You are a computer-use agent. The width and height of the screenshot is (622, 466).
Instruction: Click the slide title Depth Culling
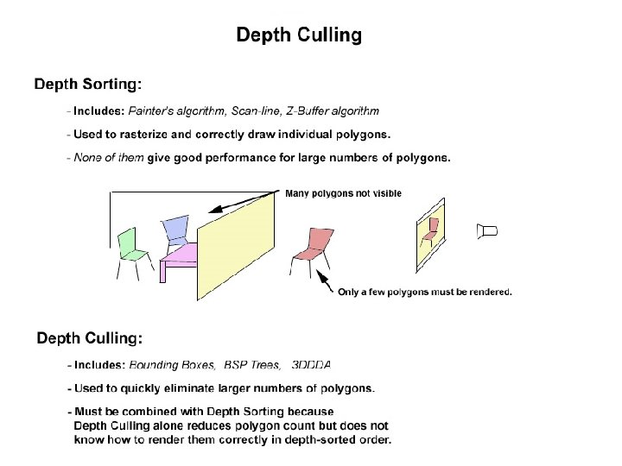pyautogui.click(x=299, y=35)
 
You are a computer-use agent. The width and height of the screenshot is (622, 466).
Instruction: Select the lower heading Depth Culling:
pyautogui.click(x=90, y=337)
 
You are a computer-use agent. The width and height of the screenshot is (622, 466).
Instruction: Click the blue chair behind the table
pyautogui.click(x=175, y=230)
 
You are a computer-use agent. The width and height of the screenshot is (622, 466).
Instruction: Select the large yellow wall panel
pyautogui.click(x=236, y=245)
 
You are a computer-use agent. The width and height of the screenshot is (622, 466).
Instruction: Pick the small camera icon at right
pyautogui.click(x=488, y=231)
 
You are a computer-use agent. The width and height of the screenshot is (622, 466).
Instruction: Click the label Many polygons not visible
pyautogui.click(x=343, y=193)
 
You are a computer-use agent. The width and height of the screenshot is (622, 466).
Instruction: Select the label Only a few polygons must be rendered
pyautogui.click(x=424, y=292)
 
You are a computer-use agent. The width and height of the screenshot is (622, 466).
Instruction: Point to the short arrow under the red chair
pyautogui.click(x=325, y=281)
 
